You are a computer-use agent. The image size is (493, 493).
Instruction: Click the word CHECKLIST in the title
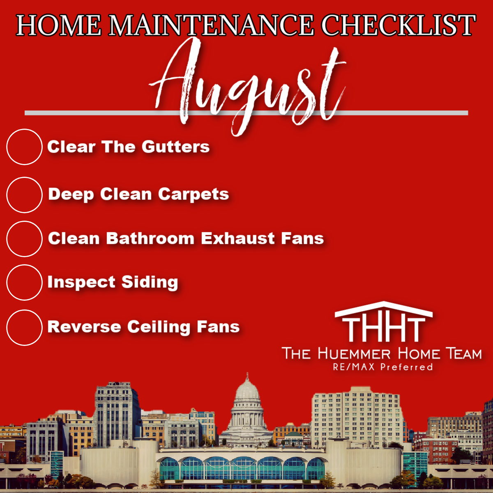(398, 25)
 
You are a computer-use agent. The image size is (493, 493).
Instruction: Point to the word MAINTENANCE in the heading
(211, 25)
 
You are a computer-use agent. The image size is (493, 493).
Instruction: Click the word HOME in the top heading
(59, 25)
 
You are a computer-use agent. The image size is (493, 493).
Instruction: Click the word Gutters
(175, 147)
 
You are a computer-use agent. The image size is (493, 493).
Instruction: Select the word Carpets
(194, 194)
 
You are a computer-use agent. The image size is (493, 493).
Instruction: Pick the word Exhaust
(238, 238)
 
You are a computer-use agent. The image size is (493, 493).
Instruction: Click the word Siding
(150, 282)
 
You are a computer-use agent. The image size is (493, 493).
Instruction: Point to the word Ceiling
(159, 327)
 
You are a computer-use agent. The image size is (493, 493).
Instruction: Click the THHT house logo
(383, 322)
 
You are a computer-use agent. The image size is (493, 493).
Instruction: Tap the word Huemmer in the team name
(354, 354)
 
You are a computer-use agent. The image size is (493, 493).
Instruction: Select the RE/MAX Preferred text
(383, 367)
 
